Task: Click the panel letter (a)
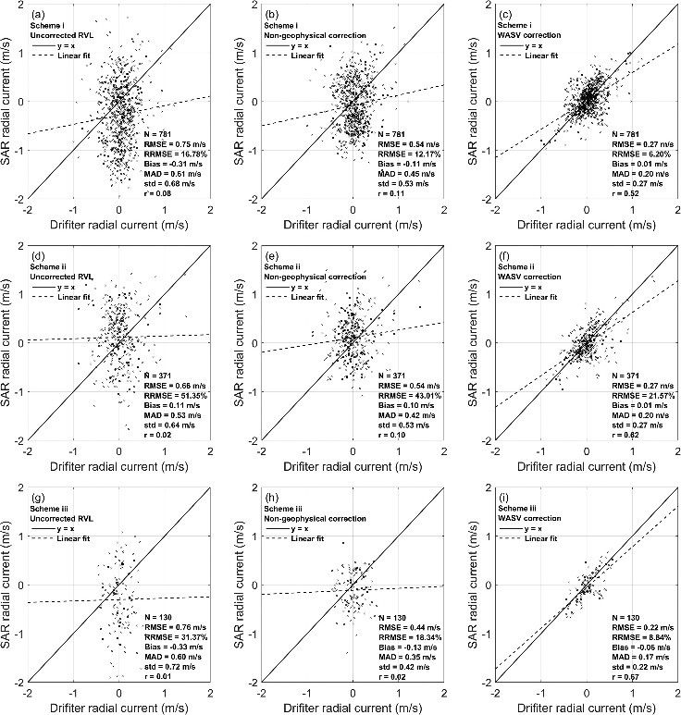point(36,16)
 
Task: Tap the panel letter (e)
point(269,253)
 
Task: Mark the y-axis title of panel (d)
point(8,343)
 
